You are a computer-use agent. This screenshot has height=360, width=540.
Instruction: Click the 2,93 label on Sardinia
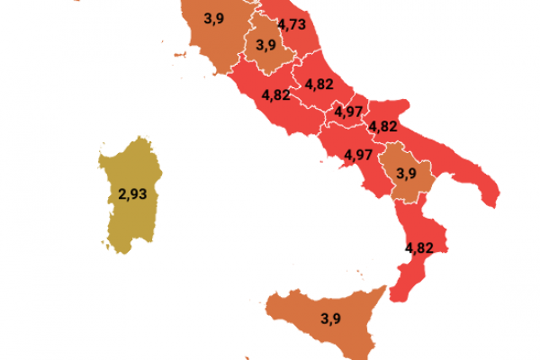point(131,193)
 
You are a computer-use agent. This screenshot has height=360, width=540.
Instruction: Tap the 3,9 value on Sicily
point(331,318)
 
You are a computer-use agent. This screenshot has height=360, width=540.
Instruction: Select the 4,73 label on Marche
point(292,23)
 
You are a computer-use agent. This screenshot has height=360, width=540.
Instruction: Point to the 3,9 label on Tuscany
point(213,17)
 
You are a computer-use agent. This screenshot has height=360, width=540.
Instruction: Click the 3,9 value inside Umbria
point(265,44)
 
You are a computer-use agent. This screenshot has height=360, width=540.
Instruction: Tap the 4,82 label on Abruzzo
point(319,84)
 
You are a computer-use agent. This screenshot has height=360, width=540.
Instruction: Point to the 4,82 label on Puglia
point(383,126)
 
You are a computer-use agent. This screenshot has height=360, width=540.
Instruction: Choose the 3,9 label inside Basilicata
point(405,173)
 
